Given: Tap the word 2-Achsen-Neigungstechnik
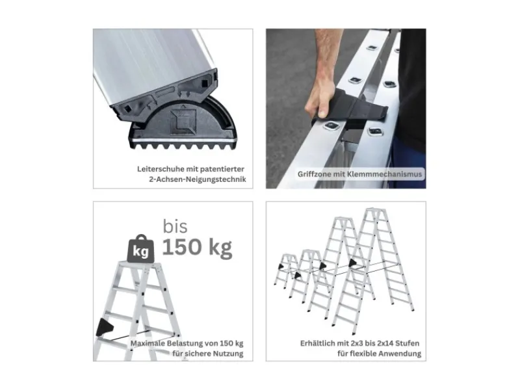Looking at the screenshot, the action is point(198,180).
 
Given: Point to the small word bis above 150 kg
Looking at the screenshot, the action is point(175,226).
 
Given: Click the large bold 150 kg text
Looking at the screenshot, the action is point(197,248).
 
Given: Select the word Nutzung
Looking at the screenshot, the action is point(228,354).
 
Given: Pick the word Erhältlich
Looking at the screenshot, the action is point(318,343).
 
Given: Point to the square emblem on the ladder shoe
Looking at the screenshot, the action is point(183,122).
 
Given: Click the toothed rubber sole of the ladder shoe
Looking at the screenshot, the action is point(183,145).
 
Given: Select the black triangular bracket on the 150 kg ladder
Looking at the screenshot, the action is point(104,327).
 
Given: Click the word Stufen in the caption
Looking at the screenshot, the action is point(409,343).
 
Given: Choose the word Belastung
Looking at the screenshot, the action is point(185,343).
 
